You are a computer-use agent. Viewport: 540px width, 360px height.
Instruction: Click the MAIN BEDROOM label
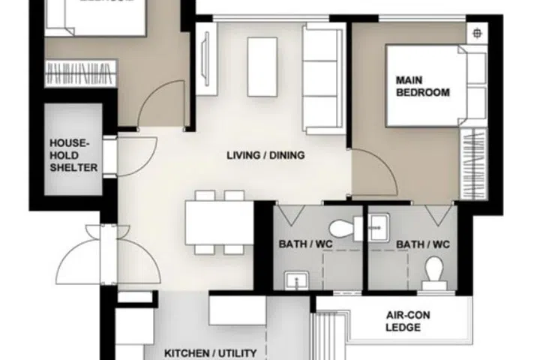pos(423,86)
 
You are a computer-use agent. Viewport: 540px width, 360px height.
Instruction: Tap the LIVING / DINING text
pos(265,156)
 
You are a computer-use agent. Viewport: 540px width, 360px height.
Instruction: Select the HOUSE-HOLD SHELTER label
pos(73,154)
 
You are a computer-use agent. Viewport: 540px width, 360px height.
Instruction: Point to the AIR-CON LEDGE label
pos(407,322)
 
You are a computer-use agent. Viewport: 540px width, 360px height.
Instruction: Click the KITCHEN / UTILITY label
pos(211,352)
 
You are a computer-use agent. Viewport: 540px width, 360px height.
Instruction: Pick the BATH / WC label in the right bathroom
pos(423,244)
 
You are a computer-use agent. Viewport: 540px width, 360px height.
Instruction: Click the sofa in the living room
pos(323,76)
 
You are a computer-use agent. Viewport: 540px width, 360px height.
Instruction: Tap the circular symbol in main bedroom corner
pos(477,33)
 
